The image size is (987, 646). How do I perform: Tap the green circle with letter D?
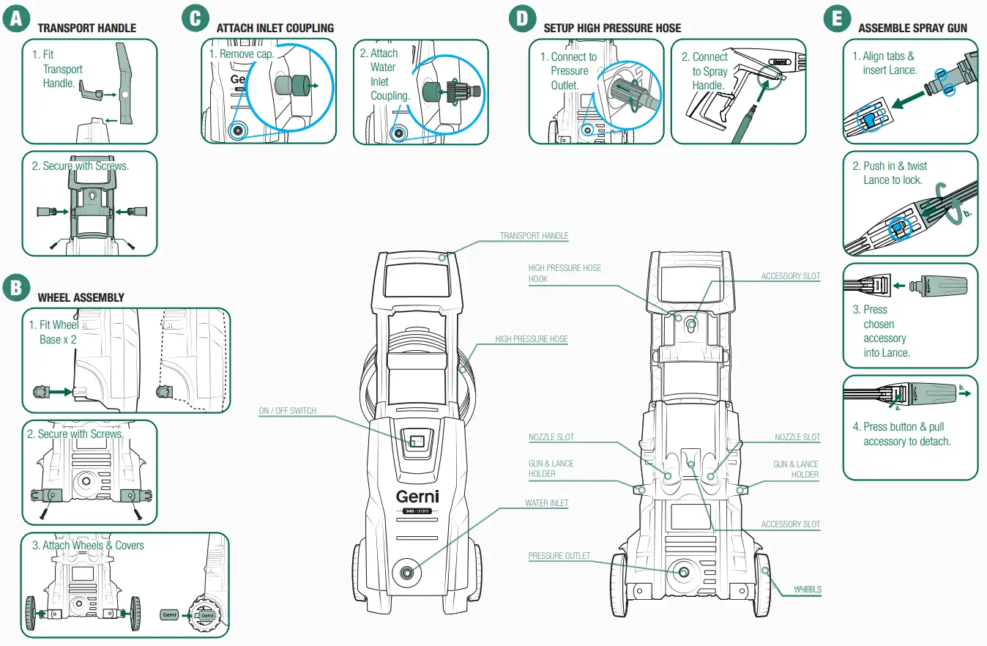[522, 18]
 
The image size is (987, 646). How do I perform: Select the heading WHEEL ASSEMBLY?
[81, 297]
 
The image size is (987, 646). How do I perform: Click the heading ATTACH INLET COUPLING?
[275, 28]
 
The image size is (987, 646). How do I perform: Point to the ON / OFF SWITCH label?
[287, 411]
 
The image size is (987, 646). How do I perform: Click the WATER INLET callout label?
[546, 503]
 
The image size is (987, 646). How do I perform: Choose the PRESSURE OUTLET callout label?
[559, 556]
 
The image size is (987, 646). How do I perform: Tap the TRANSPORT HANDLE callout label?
[534, 236]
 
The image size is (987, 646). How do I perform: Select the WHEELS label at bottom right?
[807, 590]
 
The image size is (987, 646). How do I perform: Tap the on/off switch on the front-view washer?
[417, 442]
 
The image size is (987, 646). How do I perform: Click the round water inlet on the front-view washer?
[405, 572]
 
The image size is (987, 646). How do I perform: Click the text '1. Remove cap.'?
[241, 54]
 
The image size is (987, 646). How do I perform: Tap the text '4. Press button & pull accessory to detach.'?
[906, 434]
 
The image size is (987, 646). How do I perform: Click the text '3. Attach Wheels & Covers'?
[88, 545]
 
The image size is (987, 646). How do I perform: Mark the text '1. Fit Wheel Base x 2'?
[53, 332]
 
